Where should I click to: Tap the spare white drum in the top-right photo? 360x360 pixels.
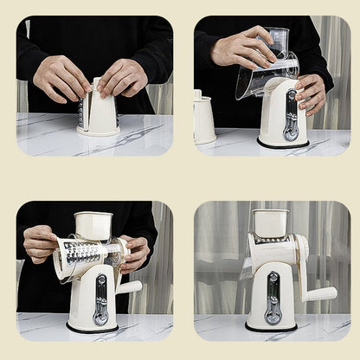tap(204, 119)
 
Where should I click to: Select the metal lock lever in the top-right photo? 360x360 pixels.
tap(291, 115)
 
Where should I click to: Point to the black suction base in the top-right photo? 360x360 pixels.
tap(282, 145)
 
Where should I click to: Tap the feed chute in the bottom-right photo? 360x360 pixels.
tap(271, 223)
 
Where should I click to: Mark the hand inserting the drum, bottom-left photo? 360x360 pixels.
tap(40, 245)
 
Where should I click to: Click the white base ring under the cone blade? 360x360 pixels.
tap(97, 132)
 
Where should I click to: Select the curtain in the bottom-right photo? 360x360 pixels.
tap(216, 260)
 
